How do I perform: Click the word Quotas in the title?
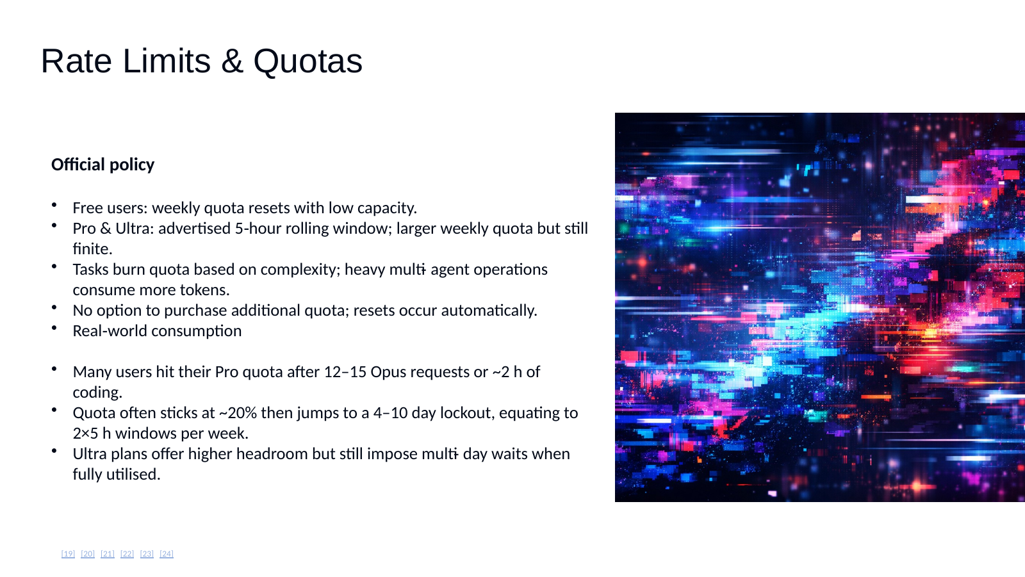(307, 61)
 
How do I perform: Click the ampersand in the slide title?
(232, 61)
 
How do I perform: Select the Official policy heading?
(102, 165)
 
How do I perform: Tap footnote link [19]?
(68, 553)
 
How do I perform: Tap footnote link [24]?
(167, 553)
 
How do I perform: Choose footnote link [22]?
(127, 553)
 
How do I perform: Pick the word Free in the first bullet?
(87, 208)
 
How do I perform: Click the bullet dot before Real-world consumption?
(54, 327)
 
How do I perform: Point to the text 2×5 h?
(92, 434)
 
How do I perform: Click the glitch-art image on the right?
(819, 307)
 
